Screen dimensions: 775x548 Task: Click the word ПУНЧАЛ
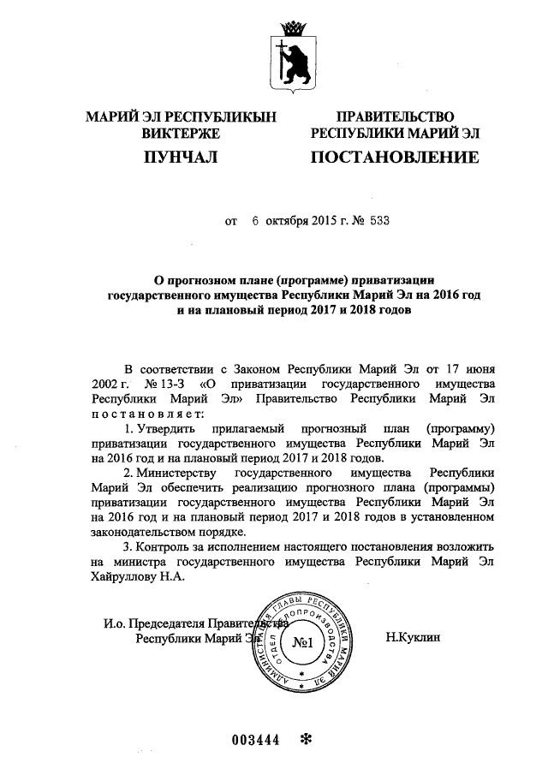(180, 158)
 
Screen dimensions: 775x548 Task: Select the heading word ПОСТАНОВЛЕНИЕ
(394, 158)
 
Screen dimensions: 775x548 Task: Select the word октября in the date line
(290, 221)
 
